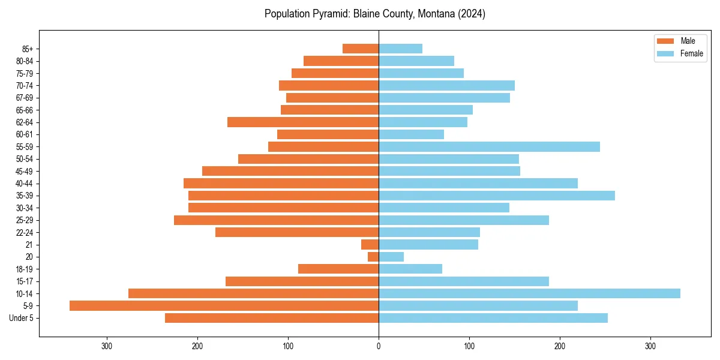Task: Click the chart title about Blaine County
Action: [374, 14]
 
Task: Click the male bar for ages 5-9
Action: [224, 306]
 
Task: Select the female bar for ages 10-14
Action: [529, 293]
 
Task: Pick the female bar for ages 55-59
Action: [489, 147]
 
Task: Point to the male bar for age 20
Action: [373, 257]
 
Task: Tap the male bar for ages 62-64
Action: [303, 122]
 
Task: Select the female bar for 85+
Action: [400, 49]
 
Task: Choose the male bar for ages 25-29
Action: [276, 220]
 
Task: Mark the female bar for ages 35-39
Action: [497, 196]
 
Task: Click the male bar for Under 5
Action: [272, 318]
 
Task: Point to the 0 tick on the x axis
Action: [379, 346]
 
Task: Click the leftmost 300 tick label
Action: [107, 346]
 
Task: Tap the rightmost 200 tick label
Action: [560, 346]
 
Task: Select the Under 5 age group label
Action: [21, 318]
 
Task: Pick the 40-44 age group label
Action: [25, 184]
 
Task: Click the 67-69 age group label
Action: [25, 98]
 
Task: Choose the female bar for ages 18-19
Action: [410, 269]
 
